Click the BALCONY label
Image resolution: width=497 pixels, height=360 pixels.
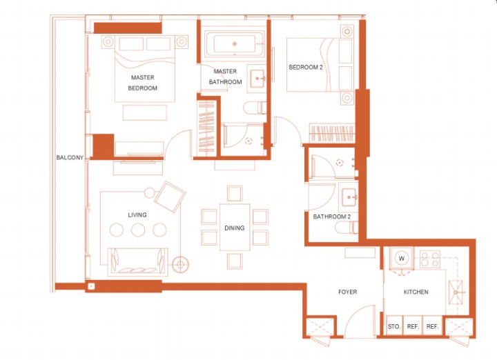[70, 157]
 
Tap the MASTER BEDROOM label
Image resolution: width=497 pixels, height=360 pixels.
[143, 83]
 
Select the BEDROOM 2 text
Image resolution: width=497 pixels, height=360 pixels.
[306, 67]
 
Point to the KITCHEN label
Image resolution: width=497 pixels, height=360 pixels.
[416, 292]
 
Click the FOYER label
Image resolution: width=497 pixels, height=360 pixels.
[348, 292]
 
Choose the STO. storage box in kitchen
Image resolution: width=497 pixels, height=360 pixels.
[394, 326]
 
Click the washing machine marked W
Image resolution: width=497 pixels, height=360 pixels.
[402, 259]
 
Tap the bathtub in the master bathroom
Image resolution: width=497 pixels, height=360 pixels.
[235, 44]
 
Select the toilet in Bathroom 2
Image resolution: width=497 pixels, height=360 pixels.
[347, 228]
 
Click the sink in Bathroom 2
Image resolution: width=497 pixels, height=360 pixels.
[349, 197]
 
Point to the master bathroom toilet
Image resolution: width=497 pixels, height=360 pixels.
[255, 108]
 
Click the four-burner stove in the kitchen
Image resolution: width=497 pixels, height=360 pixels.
[430, 259]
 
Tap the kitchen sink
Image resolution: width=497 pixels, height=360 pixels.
[456, 292]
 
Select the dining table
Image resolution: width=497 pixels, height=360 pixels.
[235, 228]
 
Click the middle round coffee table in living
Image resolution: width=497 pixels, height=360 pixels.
[138, 230]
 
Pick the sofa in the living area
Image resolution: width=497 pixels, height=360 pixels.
[138, 262]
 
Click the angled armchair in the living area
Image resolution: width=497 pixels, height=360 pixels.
[170, 197]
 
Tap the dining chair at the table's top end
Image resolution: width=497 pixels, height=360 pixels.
[235, 194]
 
